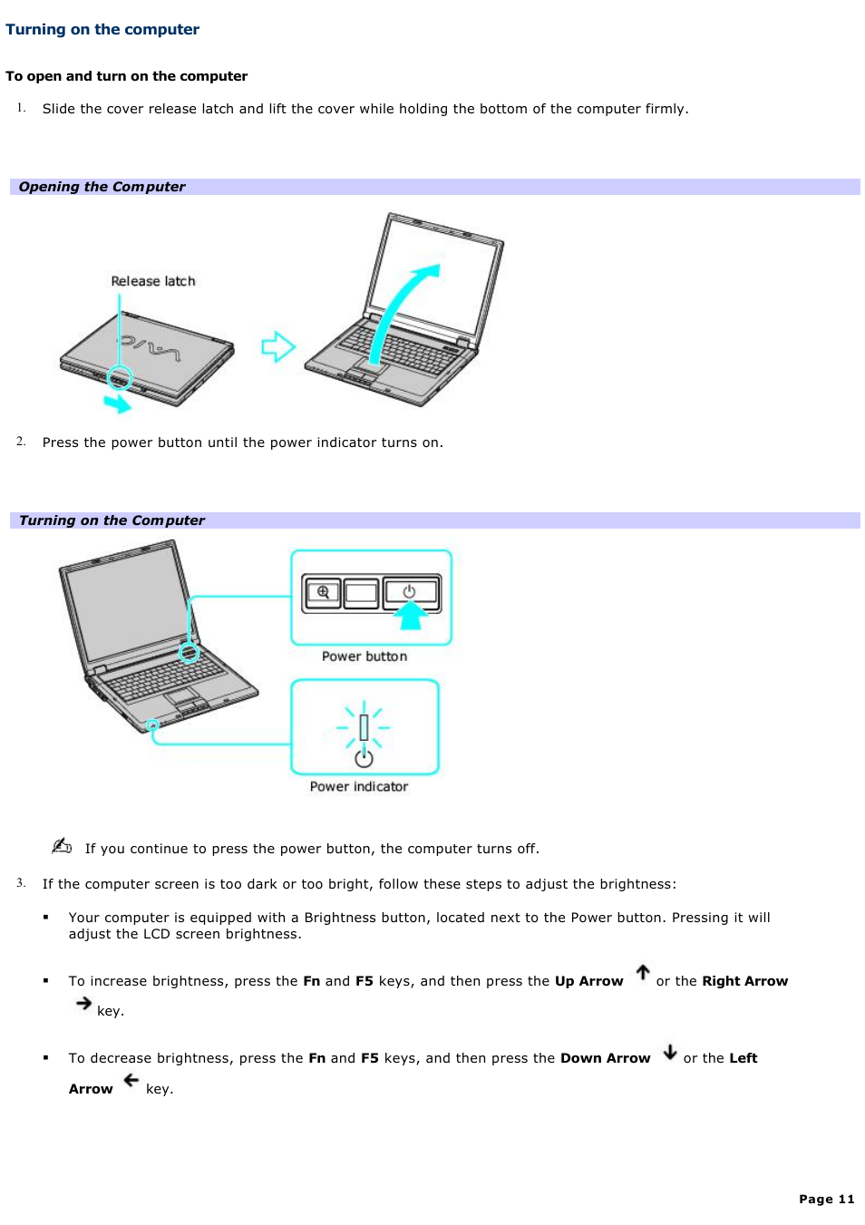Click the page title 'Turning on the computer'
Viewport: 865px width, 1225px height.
(102, 29)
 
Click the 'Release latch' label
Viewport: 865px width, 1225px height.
(153, 281)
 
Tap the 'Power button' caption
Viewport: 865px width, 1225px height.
(364, 656)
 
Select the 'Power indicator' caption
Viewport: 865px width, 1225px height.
(359, 787)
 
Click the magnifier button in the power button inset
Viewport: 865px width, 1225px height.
(323, 593)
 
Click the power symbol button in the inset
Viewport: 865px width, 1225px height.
(410, 592)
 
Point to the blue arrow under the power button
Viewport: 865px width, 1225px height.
(411, 617)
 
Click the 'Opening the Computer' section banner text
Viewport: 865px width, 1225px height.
(102, 187)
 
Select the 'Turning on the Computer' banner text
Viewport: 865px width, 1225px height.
(112, 520)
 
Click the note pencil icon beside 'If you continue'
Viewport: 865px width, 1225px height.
(62, 846)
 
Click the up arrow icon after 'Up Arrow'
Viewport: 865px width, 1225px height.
(643, 973)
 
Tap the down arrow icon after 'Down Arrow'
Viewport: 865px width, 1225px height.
(670, 1052)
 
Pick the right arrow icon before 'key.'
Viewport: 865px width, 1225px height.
(84, 1003)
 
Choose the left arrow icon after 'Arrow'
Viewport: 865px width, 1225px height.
(131, 1080)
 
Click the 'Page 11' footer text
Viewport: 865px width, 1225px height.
(826, 1199)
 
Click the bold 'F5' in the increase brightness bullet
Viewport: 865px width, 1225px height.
(364, 981)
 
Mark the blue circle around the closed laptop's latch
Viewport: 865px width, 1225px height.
(120, 377)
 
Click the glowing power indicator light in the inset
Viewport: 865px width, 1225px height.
(364, 726)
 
